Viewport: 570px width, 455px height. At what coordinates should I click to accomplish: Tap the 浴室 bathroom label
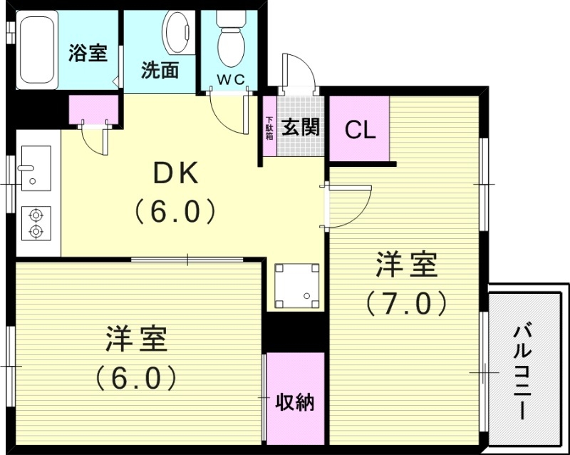(x=88, y=53)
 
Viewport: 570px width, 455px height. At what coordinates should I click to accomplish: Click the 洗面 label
(x=160, y=71)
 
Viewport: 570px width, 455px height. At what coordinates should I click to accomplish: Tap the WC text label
(x=231, y=80)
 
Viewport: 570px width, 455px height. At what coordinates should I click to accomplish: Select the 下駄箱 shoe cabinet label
(x=269, y=128)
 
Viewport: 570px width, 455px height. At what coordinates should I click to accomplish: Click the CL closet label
(x=360, y=130)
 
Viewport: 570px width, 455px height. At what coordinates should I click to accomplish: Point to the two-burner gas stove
(x=35, y=222)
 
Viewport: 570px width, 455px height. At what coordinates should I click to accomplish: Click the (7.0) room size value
(x=407, y=303)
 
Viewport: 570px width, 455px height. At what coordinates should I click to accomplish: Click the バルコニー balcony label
(x=526, y=370)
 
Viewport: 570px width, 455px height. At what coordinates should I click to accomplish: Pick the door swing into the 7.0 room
(x=348, y=207)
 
